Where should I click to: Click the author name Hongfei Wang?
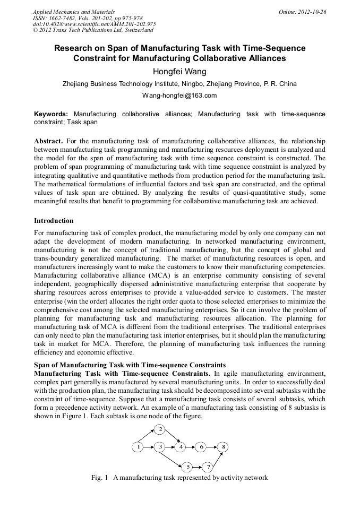(179, 72)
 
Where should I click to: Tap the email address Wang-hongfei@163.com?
(179, 96)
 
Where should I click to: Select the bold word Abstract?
(48, 141)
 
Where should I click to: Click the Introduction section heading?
(54, 220)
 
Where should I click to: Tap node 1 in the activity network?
(138, 447)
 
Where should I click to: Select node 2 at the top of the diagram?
(161, 429)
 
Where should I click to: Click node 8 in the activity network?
(224, 447)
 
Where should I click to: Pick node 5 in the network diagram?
(187, 467)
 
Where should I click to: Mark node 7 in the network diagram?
(208, 467)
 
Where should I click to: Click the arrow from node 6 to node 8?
(212, 447)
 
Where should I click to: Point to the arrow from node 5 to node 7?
(198, 467)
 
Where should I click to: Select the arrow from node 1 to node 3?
(149, 447)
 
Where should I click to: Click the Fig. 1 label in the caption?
(100, 478)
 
